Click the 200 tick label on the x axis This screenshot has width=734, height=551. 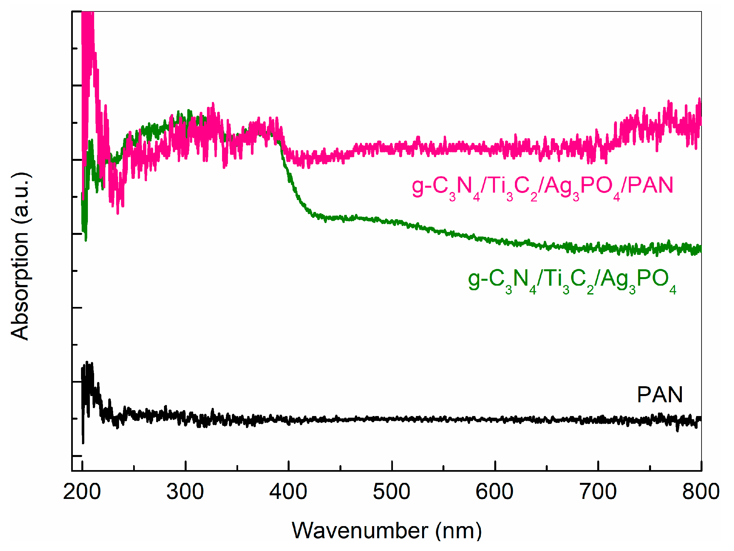82,491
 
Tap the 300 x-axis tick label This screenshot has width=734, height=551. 185,491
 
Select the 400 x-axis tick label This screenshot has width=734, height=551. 288,491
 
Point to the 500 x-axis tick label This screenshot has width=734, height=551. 392,491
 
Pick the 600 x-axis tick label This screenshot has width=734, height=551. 495,491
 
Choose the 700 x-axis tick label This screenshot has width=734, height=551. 598,491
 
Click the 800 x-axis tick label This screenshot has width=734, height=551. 701,491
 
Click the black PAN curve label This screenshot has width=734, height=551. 660,395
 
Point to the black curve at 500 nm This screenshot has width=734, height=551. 392,419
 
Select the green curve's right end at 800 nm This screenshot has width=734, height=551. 700,249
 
